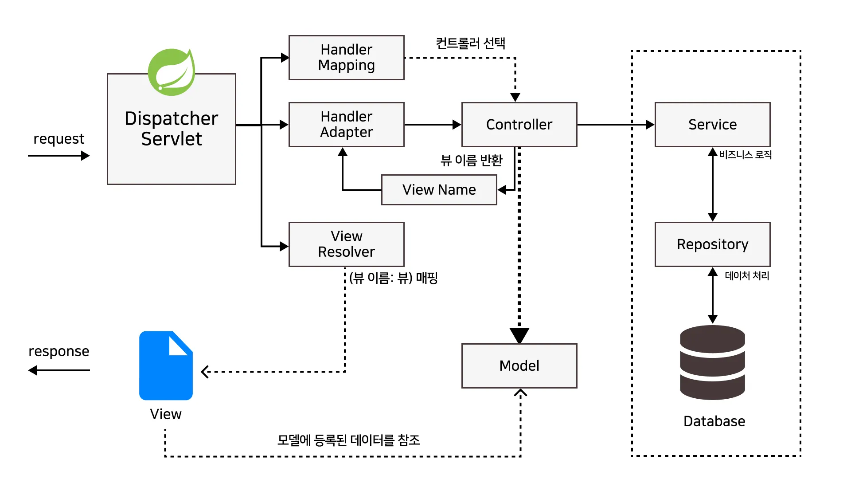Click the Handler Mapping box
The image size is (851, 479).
pos(346,58)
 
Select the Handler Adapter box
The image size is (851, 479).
pos(346,125)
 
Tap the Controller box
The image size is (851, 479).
pos(519,125)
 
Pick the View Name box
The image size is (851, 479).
pos(439,190)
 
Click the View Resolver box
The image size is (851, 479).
pos(346,244)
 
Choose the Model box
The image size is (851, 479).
pos(519,366)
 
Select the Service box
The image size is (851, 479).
pos(712,125)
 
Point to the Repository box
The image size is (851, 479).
pos(712,244)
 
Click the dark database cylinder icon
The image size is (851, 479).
pos(712,362)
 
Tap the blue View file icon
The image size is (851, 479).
pos(166,366)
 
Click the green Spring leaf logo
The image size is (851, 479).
pos(172,72)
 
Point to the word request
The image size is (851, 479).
pos(59,139)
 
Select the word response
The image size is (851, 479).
pos(59,351)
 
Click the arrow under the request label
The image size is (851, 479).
pos(59,156)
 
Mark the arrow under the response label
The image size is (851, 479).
pos(59,370)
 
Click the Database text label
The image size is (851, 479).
pos(714,421)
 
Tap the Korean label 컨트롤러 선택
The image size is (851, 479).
pos(470,43)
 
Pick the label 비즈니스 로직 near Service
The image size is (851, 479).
pos(745,155)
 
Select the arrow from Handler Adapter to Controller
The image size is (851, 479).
pos(432,125)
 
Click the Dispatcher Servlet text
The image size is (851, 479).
pos(172,129)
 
